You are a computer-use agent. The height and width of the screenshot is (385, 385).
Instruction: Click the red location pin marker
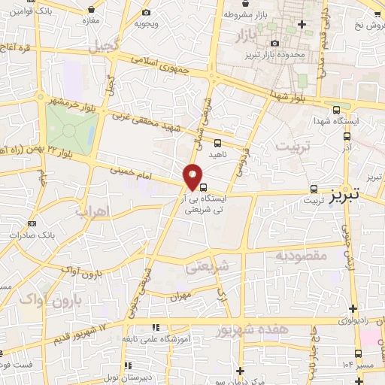193,177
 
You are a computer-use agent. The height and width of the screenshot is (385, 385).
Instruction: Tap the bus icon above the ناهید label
217,142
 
